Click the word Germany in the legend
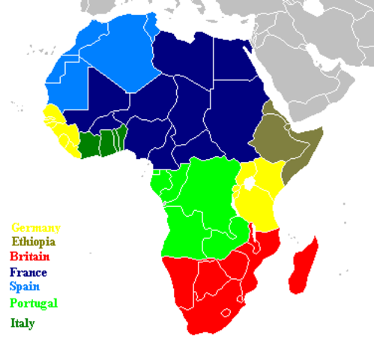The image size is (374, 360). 35,227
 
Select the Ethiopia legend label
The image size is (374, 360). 32,241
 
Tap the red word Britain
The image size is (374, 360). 29,256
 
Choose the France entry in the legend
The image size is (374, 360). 28,271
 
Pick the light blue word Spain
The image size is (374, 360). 25,286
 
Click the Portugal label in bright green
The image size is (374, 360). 33,304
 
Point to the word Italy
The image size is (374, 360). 22,323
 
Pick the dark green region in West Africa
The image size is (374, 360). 102,142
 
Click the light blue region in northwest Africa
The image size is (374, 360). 97,52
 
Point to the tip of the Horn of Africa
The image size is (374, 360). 322,129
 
